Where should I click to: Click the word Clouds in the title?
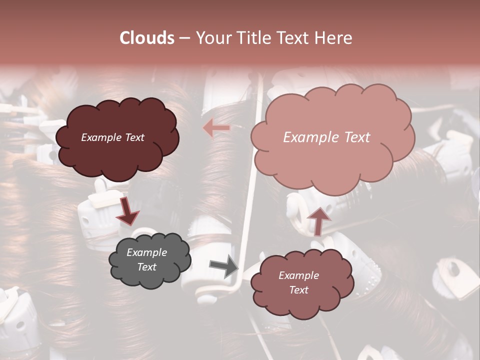tap(147, 38)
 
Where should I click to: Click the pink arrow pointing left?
tap(216, 128)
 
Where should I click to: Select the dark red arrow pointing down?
tap(127, 210)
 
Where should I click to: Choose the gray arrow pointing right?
tap(223, 266)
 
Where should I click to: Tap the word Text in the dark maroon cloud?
tap(134, 137)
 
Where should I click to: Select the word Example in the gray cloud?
tap(146, 252)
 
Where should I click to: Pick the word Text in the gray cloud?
tap(146, 267)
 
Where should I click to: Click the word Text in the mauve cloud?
tap(298, 290)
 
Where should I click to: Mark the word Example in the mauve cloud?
tap(298, 275)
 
